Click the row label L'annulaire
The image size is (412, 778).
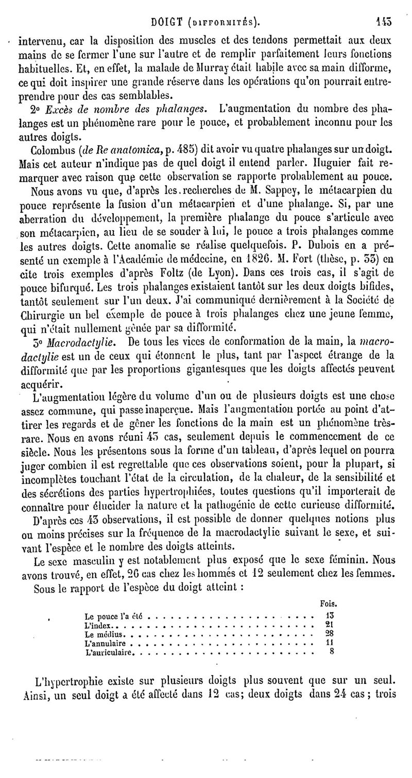(105, 644)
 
